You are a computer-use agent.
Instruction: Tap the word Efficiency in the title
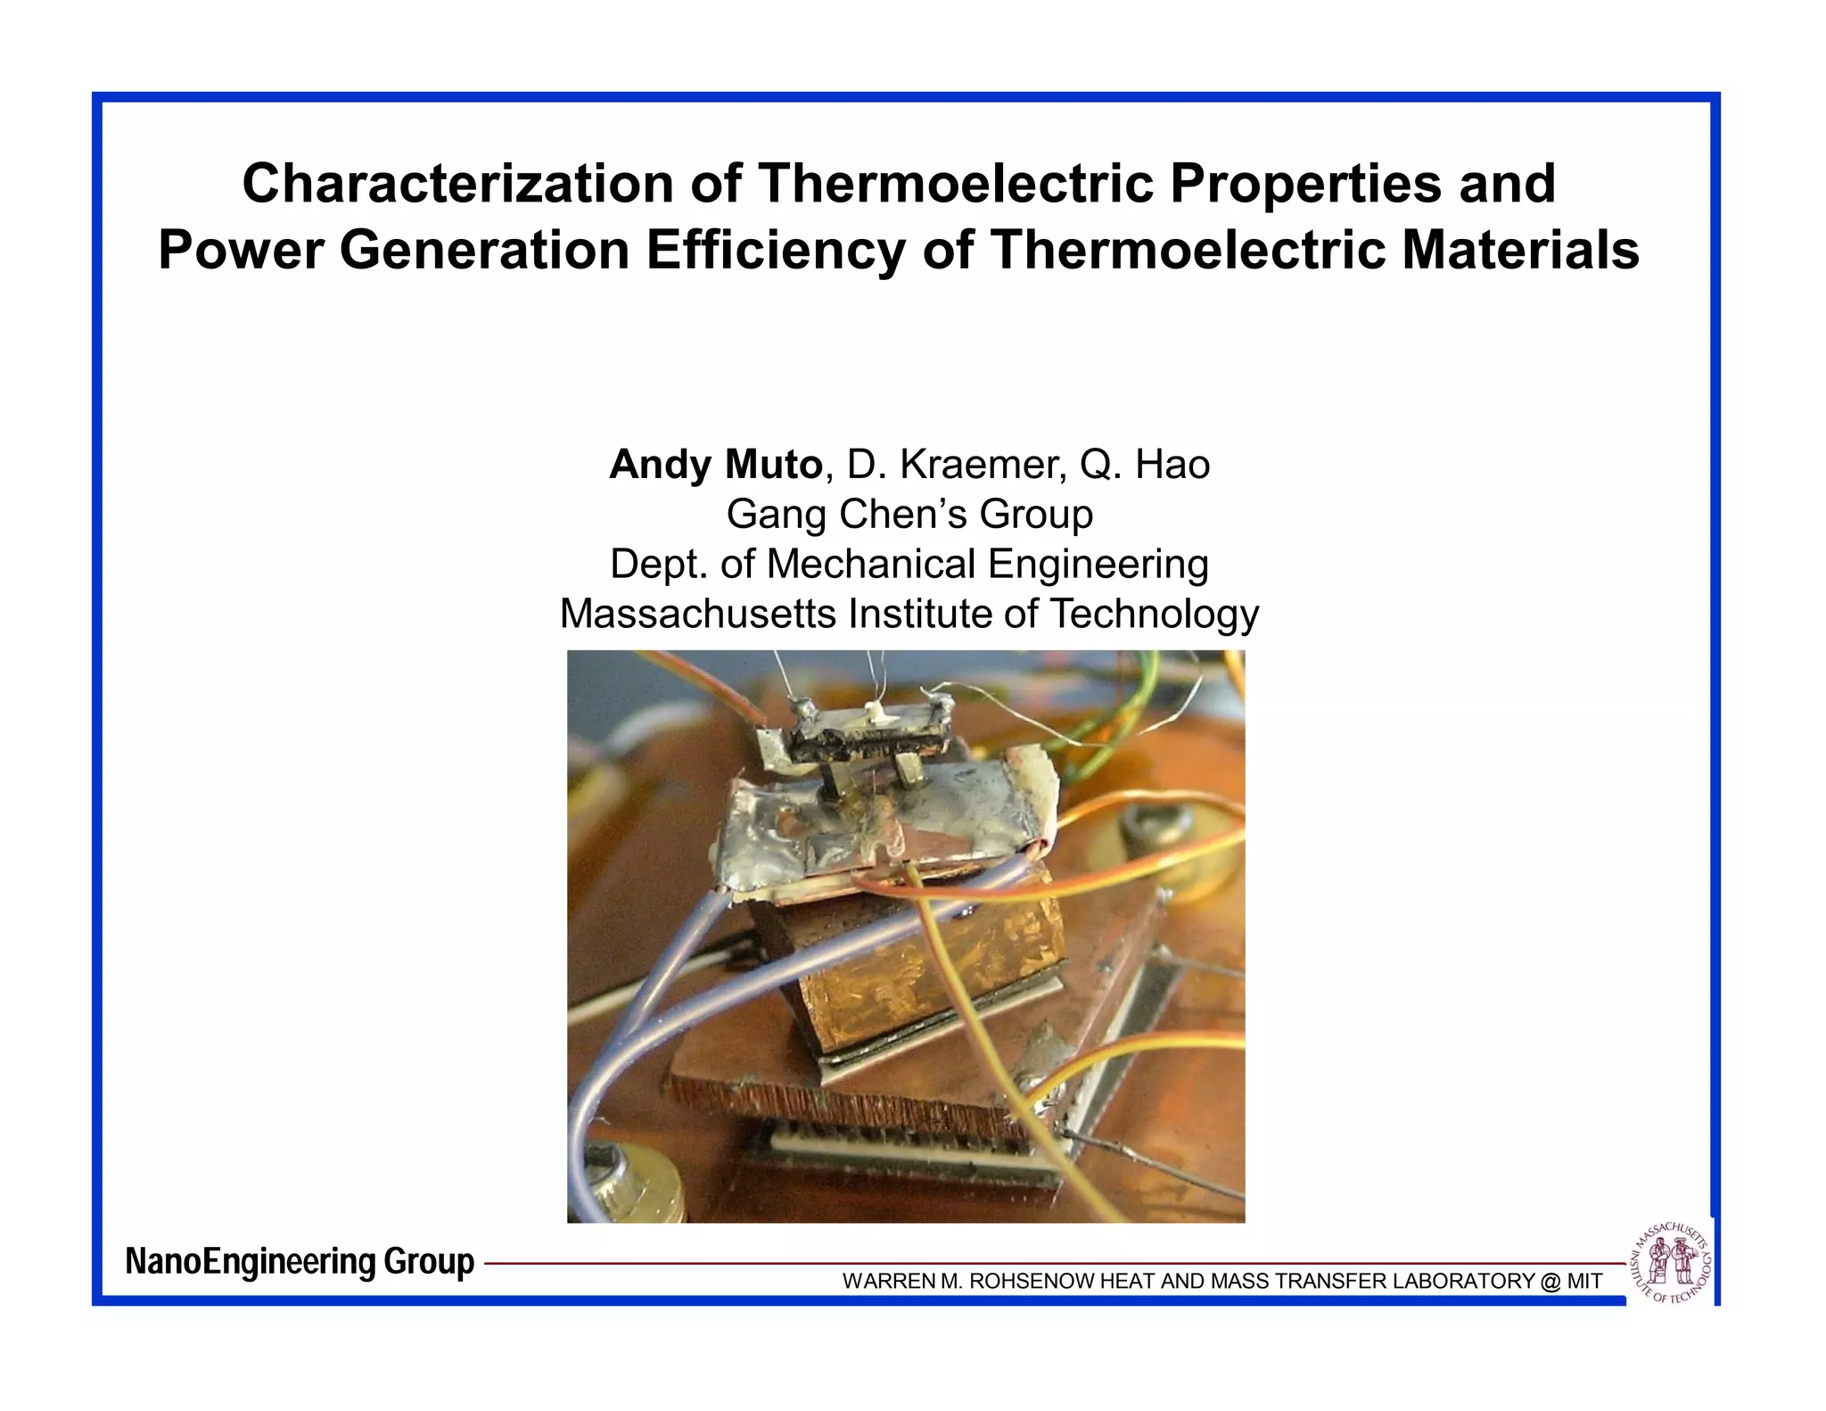(x=774, y=251)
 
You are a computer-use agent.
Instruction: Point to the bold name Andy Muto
(x=715, y=465)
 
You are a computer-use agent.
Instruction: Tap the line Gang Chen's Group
(x=909, y=515)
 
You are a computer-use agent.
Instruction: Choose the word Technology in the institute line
(x=1154, y=615)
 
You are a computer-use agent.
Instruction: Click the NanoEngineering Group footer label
(x=300, y=1262)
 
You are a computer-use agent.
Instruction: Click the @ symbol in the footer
(x=1550, y=1282)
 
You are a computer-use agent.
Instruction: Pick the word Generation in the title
(x=485, y=251)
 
